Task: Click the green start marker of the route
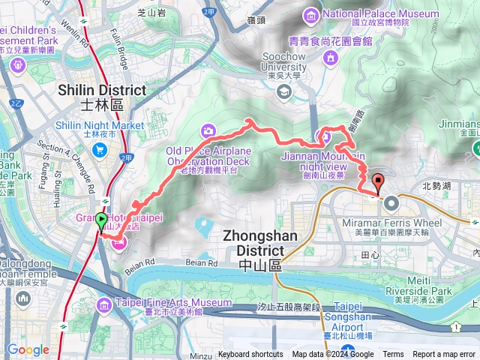[101, 220]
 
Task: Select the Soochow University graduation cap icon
[284, 91]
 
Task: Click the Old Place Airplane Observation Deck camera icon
[207, 130]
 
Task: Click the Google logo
[28, 349]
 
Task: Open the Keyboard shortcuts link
[250, 355]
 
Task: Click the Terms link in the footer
[393, 355]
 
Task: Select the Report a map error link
[444, 355]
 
